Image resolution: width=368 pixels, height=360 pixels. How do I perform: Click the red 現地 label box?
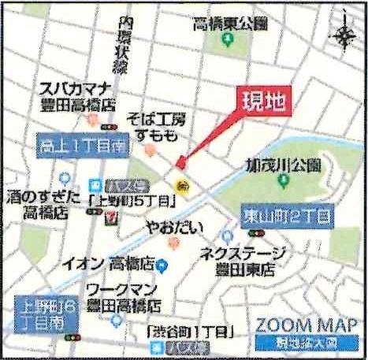coord(259,102)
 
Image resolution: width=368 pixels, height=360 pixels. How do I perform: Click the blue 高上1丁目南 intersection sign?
coord(82,144)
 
